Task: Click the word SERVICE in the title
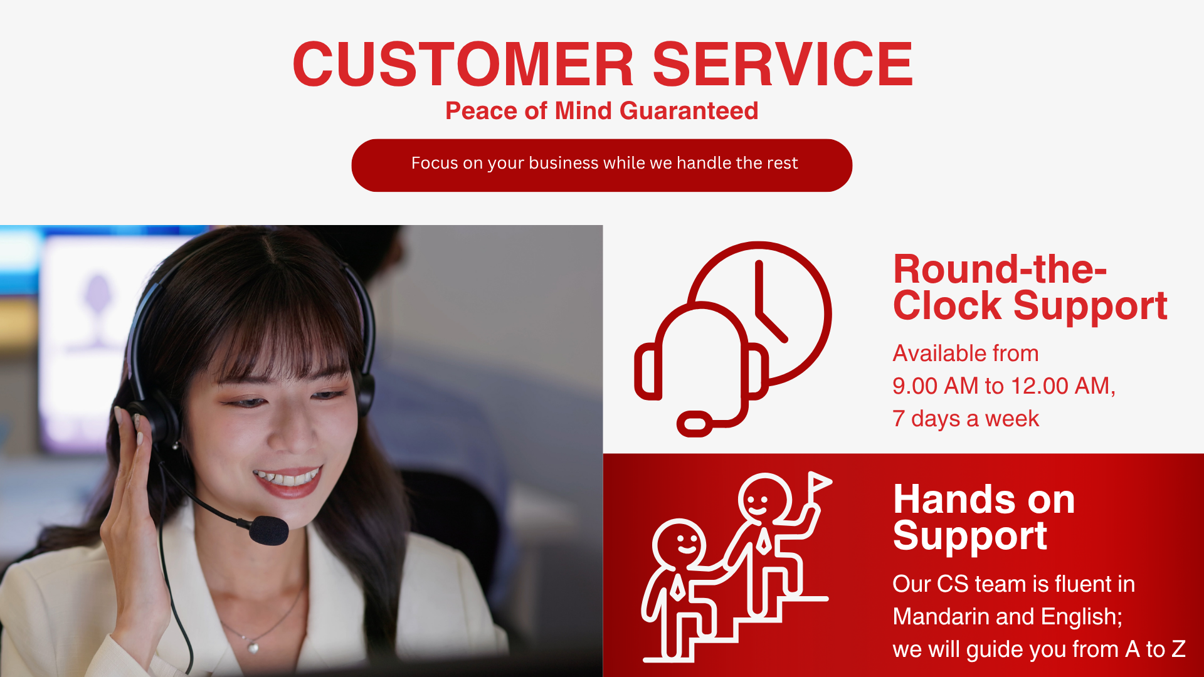coord(783,64)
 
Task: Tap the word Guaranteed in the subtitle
coord(689,111)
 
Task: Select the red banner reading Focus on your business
coord(602,165)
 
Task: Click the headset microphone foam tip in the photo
coord(268,530)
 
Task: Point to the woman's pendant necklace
coord(253,646)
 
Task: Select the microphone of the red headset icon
coord(695,424)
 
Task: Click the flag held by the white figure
coord(819,482)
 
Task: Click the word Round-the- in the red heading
coord(1000,270)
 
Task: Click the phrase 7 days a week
coord(966,419)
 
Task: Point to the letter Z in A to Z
coord(1178,649)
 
